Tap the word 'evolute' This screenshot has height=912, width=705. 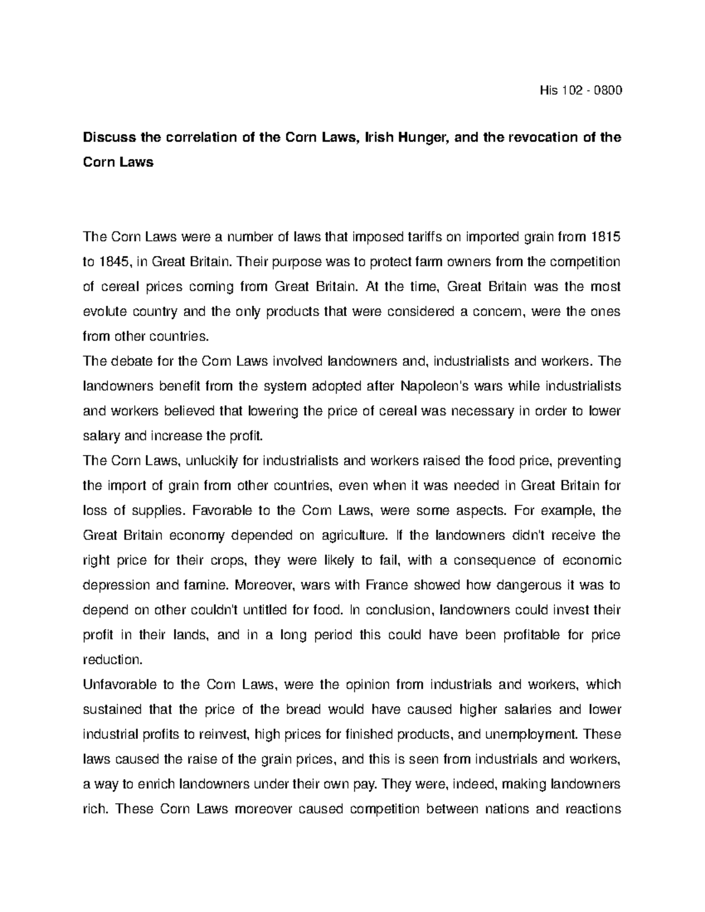point(103,312)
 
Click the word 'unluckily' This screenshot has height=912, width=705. point(211,461)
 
